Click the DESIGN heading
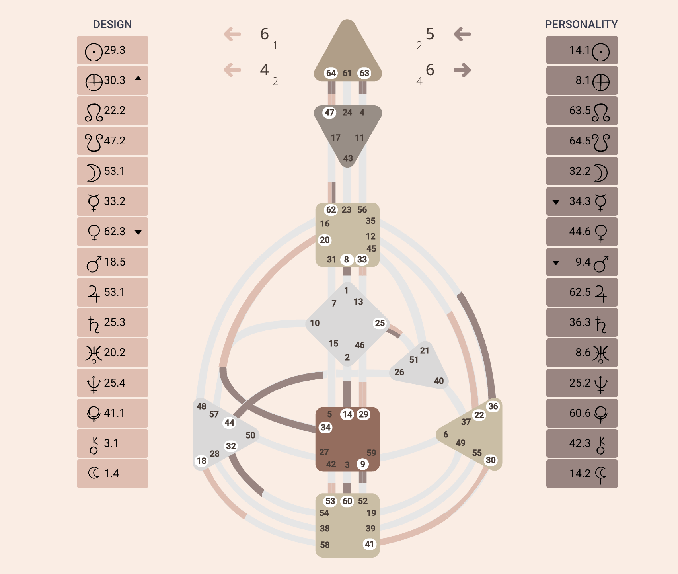[112, 25]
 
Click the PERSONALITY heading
[581, 25]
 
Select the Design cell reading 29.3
[113, 51]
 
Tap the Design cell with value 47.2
[113, 141]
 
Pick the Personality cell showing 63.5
[582, 111]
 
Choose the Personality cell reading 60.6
[582, 413]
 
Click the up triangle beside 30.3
[138, 78]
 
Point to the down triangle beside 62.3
[138, 232]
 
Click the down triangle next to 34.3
[556, 202]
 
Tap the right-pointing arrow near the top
[462, 70]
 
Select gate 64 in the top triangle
[331, 73]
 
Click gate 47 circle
[329, 113]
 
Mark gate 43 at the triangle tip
[348, 158]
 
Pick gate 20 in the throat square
[325, 240]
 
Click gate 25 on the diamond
[380, 323]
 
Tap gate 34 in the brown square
[325, 428]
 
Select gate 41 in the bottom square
[370, 544]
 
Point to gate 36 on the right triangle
[493, 406]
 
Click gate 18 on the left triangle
[202, 461]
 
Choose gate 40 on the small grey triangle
[439, 381]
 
